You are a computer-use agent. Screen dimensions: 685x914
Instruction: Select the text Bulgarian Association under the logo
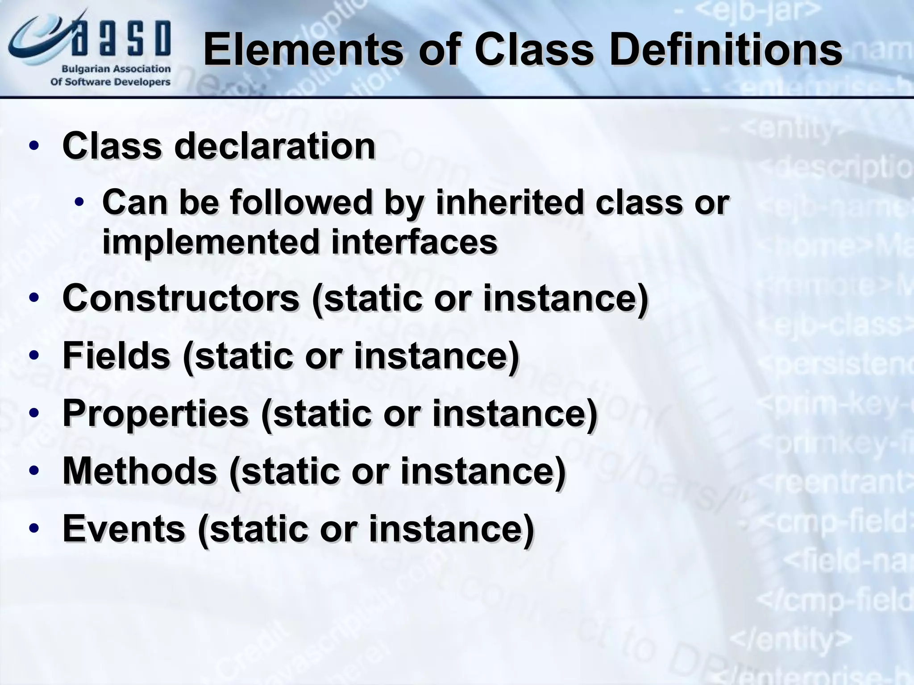(x=116, y=69)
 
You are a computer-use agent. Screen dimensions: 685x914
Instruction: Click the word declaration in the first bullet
(x=274, y=146)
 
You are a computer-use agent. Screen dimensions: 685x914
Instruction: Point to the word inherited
(x=509, y=202)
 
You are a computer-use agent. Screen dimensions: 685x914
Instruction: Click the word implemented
(x=210, y=242)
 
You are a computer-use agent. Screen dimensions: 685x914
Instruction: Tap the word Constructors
(x=181, y=298)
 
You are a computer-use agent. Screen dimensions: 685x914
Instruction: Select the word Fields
(x=116, y=355)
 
